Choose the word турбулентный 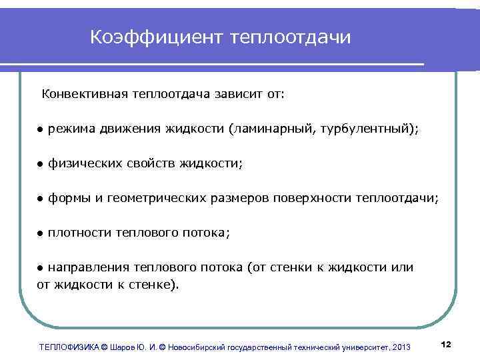coord(367,129)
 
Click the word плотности coord(79,233)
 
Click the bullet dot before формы coord(40,199)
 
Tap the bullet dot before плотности coord(40,233)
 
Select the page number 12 coord(447,343)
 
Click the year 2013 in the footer coord(402,347)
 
